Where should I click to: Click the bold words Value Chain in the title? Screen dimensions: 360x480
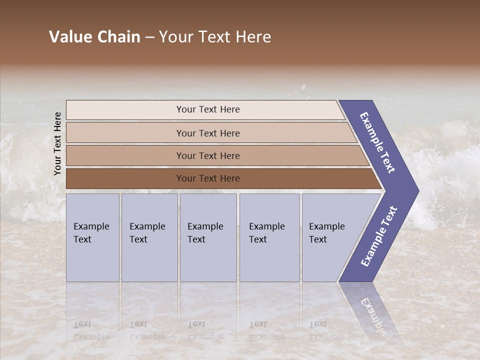pos(94,37)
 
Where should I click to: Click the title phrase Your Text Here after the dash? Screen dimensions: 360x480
pos(215,37)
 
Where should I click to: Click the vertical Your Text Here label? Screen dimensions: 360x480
pos(57,144)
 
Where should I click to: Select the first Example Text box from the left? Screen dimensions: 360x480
pos(92,237)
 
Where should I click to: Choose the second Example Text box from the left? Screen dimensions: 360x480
pos(149,237)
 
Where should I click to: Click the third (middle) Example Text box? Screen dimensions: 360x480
pos(208,237)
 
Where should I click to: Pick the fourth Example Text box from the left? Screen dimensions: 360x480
pos(269,237)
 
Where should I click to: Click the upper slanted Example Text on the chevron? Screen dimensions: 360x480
pos(378,142)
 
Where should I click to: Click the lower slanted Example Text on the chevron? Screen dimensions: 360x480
pos(379,236)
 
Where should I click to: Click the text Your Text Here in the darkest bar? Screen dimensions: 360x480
pos(208,178)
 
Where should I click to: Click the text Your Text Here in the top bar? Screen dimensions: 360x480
pos(208,109)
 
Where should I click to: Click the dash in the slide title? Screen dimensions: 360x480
pos(149,37)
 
